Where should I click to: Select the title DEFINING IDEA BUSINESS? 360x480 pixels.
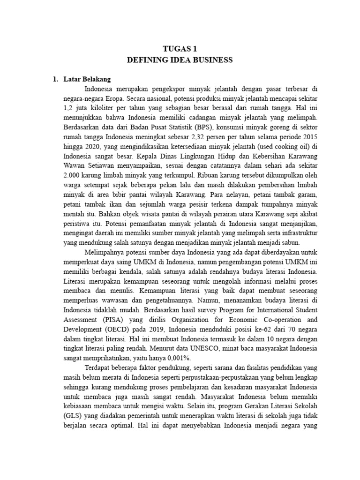[180, 60]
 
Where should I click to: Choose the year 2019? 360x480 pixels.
[157, 330]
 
